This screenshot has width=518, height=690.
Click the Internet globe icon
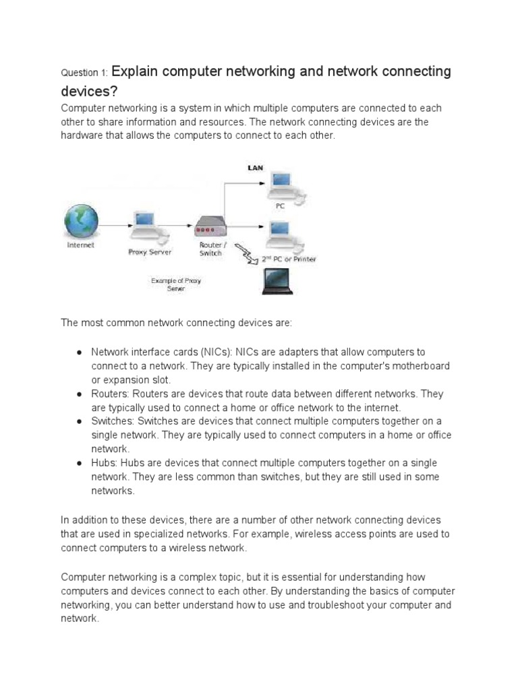tap(81, 222)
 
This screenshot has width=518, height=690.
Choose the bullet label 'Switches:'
tap(113, 421)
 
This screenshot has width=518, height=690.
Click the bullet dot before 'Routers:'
tap(80, 394)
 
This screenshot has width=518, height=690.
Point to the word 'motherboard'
tap(437, 366)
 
